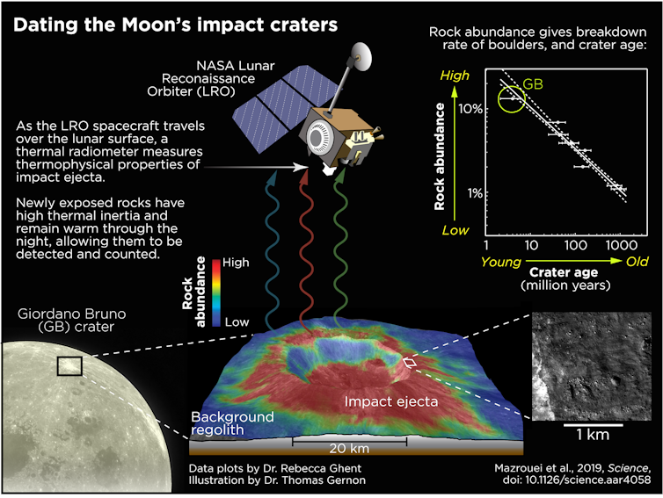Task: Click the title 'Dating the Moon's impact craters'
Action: click(x=176, y=25)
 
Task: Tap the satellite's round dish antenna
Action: click(x=362, y=56)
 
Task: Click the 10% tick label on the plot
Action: click(x=470, y=109)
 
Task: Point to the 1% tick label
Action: click(x=475, y=193)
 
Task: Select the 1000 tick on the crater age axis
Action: click(x=621, y=245)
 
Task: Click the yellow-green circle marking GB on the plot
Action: click(x=511, y=99)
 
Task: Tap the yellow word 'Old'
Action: click(x=637, y=262)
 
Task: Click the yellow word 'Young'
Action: click(x=501, y=263)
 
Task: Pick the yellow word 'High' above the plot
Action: click(x=455, y=76)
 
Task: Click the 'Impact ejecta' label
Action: click(x=390, y=401)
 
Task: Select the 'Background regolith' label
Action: click(x=232, y=423)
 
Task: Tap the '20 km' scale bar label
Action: click(x=349, y=448)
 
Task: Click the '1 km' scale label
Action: click(x=593, y=435)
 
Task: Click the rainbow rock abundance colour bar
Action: click(x=216, y=292)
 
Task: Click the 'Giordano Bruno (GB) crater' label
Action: click(x=72, y=321)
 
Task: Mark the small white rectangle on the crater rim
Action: click(x=410, y=362)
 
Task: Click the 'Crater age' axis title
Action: click(x=564, y=272)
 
